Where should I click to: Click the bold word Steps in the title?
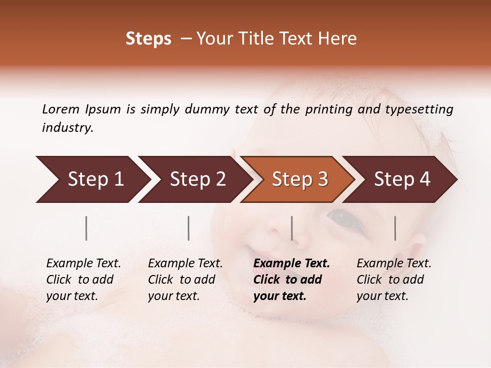148,39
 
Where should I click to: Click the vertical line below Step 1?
86,228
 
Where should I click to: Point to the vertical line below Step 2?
189,228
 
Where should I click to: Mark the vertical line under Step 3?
292,228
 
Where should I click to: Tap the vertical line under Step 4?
395,228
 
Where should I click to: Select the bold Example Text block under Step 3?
291,280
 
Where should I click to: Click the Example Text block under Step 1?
83,280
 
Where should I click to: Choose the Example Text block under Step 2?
185,280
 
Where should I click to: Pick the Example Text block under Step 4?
393,280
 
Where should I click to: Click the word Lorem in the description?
60,109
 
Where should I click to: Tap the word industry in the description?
67,128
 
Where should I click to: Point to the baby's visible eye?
341,217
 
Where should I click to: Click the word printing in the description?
327,109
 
